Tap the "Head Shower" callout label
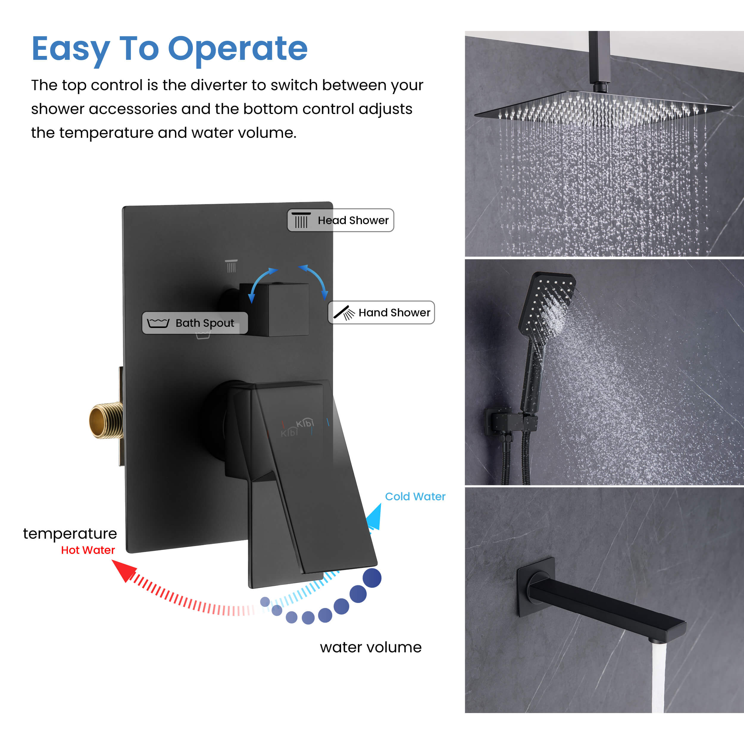[340, 220]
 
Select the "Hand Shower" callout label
[381, 312]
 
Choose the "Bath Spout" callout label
[195, 323]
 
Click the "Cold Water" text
[415, 496]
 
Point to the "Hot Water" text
[88, 550]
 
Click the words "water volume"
[371, 647]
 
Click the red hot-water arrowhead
[124, 570]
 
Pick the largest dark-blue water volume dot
[372, 578]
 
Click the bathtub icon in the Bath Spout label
[158, 323]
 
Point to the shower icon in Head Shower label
[301, 220]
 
